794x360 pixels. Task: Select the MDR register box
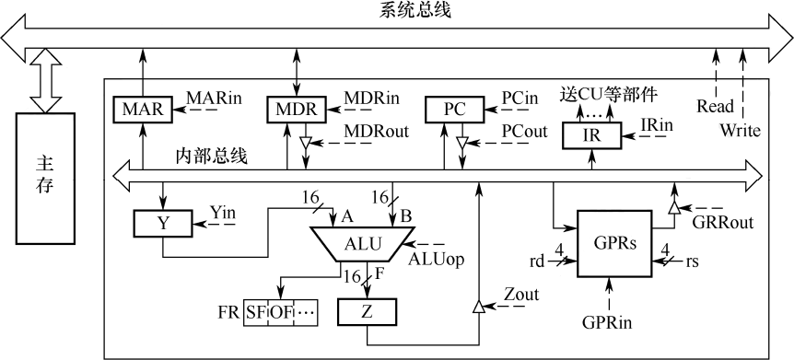(x=297, y=109)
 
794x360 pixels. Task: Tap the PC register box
(x=454, y=109)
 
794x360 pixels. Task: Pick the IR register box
(x=592, y=135)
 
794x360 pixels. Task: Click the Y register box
(x=162, y=224)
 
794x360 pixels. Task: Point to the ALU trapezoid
(x=361, y=244)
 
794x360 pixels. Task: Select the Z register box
(x=368, y=312)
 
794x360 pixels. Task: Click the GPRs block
(x=614, y=243)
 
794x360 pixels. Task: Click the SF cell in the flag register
(x=255, y=312)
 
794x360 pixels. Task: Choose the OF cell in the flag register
(x=279, y=312)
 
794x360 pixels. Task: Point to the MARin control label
(x=214, y=98)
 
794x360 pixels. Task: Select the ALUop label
(x=436, y=259)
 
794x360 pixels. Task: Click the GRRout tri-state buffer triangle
(x=673, y=207)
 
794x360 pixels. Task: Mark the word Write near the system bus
(x=741, y=131)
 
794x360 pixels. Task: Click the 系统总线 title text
(x=415, y=11)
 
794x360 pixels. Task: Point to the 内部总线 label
(x=212, y=156)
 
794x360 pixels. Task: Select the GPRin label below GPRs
(x=607, y=322)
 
